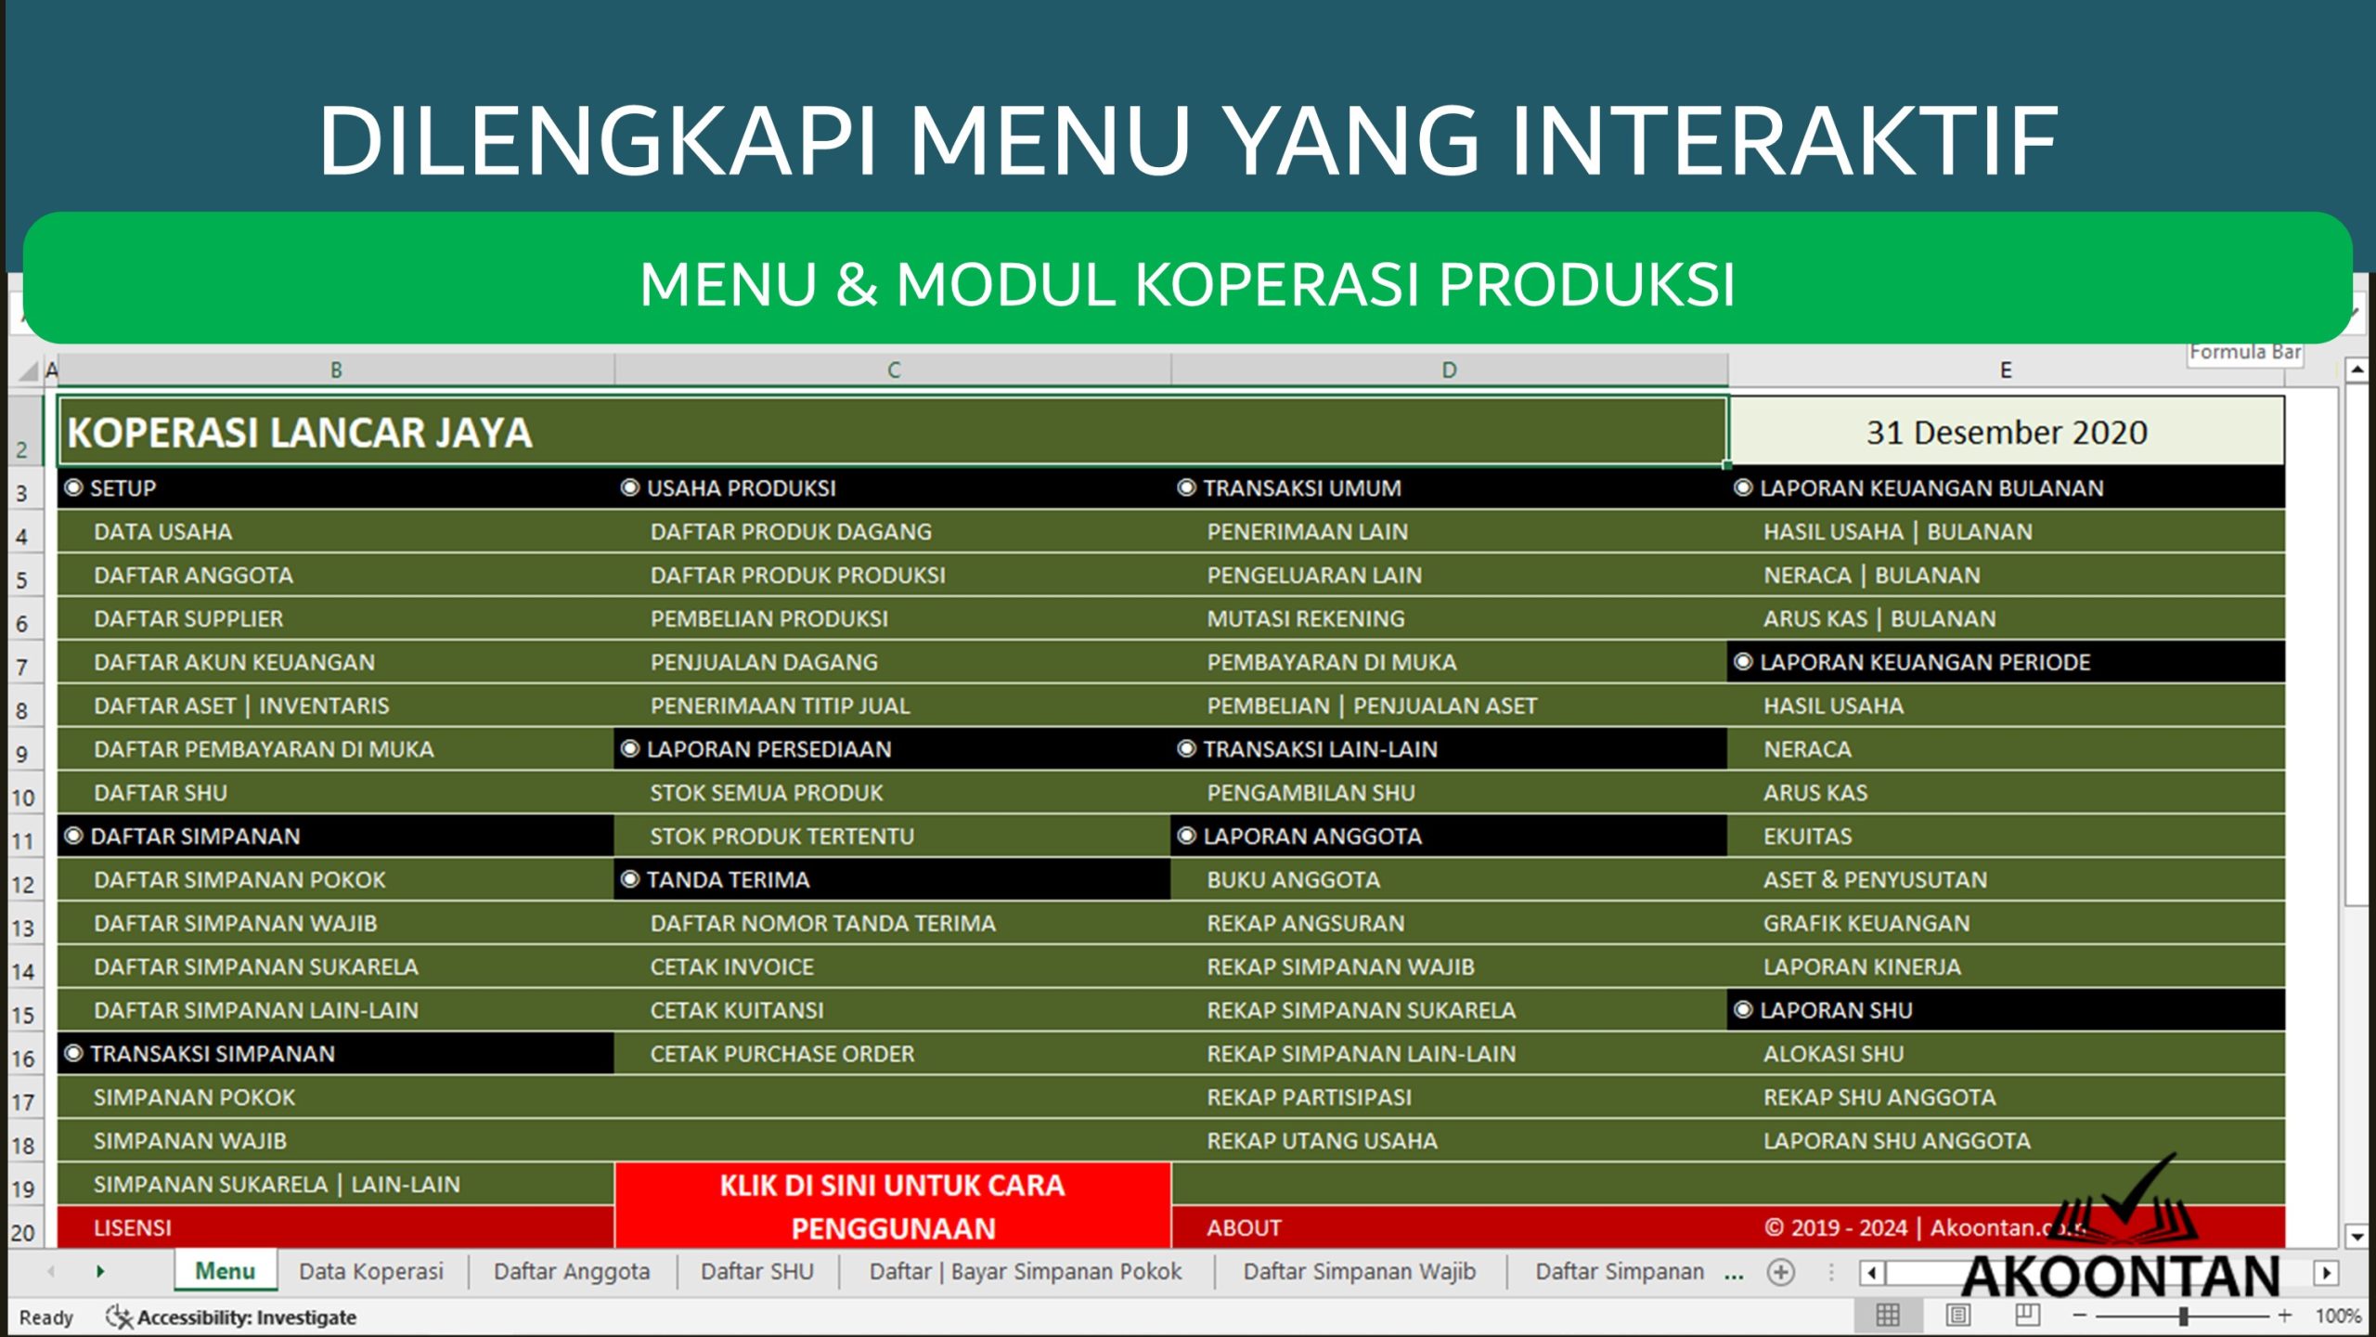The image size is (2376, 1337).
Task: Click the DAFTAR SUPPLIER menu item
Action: point(188,619)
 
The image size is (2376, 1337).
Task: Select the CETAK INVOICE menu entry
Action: point(731,967)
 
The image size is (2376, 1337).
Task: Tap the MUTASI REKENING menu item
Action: point(1305,619)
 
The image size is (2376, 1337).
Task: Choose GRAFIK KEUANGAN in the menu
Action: point(1866,924)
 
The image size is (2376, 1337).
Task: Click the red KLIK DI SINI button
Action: point(892,1206)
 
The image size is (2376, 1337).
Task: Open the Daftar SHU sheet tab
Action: point(756,1271)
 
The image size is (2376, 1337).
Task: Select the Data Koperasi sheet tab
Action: point(371,1271)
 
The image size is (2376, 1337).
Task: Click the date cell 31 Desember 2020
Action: point(2006,433)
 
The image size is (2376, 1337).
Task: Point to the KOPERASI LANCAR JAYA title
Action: point(300,433)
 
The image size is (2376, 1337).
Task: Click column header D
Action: point(1449,370)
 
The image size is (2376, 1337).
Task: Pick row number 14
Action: point(22,972)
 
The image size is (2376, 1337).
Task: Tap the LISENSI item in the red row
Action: point(133,1228)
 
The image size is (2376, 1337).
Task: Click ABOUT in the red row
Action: point(1244,1228)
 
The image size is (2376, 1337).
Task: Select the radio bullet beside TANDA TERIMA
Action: point(630,879)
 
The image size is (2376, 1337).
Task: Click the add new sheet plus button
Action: point(1780,1272)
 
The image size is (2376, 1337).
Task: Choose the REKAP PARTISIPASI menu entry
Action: point(1309,1097)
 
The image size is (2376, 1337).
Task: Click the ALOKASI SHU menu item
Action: point(1833,1054)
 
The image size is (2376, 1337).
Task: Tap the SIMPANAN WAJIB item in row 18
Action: point(190,1141)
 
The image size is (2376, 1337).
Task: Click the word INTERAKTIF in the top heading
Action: point(1784,141)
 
